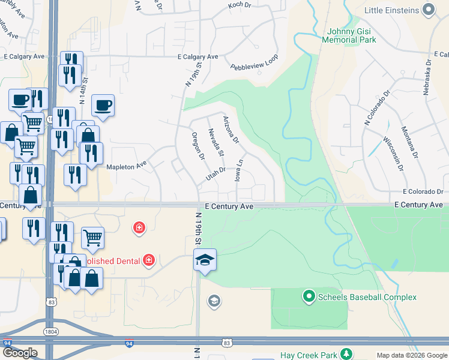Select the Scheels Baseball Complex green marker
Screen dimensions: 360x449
[x=309, y=296]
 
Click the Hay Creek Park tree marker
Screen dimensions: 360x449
[x=346, y=353]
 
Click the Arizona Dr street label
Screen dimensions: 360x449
[x=231, y=130]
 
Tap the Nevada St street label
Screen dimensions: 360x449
[x=215, y=143]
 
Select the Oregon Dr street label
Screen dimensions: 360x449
[x=197, y=145]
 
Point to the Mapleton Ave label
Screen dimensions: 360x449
[x=127, y=163]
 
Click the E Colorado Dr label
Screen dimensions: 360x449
[x=423, y=192]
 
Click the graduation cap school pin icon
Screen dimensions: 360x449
[x=204, y=260]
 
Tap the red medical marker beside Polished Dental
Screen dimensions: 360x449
[x=148, y=260]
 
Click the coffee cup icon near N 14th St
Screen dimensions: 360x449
[x=103, y=104]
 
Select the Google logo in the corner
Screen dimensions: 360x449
[x=19, y=353]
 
